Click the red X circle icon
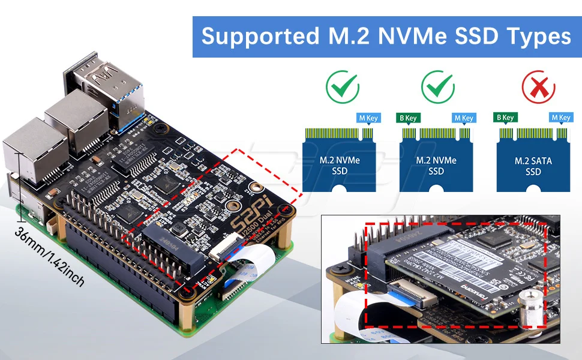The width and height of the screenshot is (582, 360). (538, 88)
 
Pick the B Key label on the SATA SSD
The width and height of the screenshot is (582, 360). (505, 118)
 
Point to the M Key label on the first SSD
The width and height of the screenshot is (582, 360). (368, 118)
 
